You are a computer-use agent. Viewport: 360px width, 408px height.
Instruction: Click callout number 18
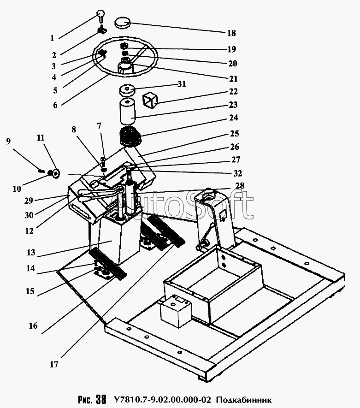231,33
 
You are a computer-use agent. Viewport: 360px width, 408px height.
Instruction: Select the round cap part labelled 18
123,22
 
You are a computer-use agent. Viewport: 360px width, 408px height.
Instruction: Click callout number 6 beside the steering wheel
55,105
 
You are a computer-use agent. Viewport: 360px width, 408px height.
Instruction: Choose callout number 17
54,364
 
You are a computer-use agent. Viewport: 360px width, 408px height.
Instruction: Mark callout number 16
33,325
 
